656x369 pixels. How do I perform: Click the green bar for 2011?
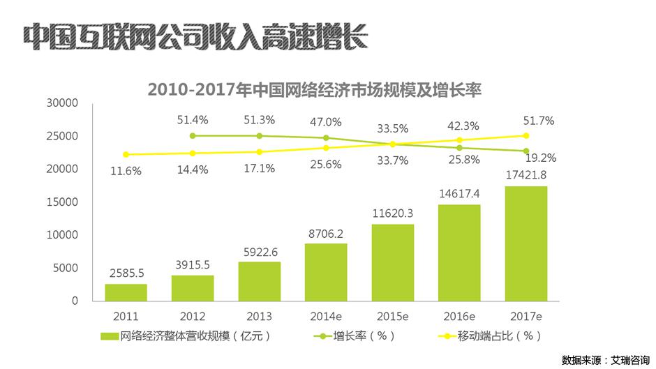tap(126, 292)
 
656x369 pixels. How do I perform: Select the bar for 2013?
tap(259, 281)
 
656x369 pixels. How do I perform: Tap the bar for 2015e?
tap(392, 262)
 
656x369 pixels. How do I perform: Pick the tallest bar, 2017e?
tap(525, 243)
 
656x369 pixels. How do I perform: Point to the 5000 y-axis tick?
tap(65, 269)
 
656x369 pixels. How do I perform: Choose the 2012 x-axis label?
tap(193, 315)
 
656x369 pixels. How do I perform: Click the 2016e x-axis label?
tap(459, 315)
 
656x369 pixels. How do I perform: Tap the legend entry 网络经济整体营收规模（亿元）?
tap(195, 336)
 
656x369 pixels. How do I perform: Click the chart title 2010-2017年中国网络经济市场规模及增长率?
tap(315, 90)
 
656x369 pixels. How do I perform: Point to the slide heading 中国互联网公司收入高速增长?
tap(195, 37)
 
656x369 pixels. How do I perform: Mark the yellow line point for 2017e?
tap(525, 136)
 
